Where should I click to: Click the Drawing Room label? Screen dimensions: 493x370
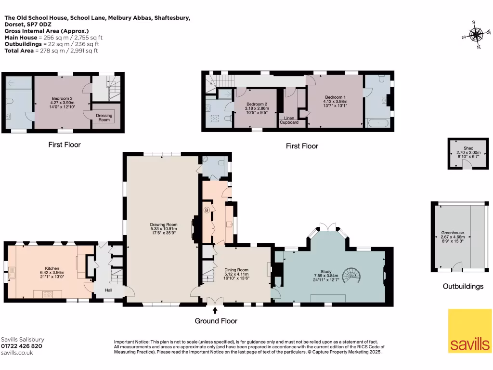point(164,225)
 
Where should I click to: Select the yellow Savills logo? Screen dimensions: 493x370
point(469,331)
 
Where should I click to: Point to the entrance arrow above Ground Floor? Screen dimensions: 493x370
point(215,310)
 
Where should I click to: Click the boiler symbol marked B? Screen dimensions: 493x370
point(207,210)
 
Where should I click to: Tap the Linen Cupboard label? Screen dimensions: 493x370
point(289,120)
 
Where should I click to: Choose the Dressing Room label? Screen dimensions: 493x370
point(104,118)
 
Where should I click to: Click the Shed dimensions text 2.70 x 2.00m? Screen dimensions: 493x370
point(468,152)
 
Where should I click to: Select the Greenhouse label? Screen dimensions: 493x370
point(453,233)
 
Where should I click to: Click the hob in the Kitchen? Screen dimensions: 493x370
point(48,294)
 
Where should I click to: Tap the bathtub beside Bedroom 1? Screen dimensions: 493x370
point(378,123)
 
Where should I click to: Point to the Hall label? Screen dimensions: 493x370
point(108,290)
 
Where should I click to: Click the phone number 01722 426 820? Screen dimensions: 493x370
point(22,346)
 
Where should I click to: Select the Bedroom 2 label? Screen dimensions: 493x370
point(257,104)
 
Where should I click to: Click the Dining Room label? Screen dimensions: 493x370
point(236,270)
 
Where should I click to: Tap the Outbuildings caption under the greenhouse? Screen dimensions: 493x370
point(463,286)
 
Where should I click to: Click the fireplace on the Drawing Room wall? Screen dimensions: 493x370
point(195,225)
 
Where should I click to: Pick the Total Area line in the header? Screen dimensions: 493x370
point(51,51)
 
